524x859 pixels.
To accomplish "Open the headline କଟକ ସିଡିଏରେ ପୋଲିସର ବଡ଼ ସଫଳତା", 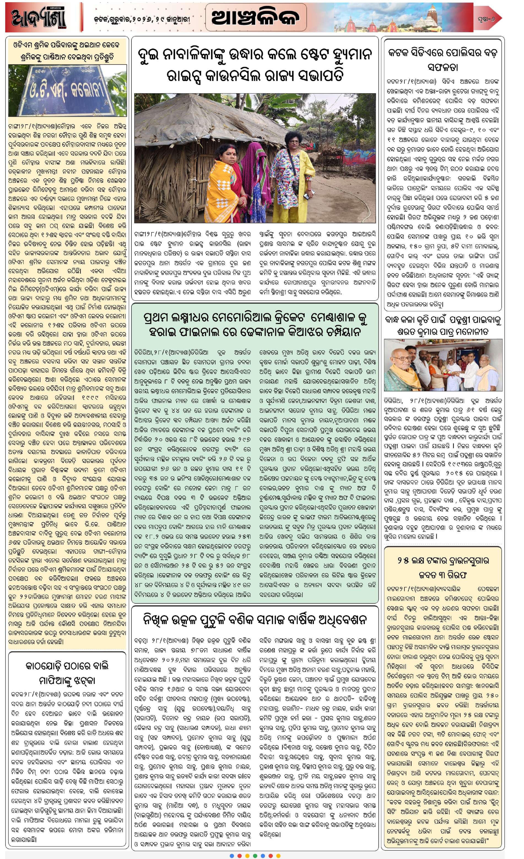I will click(x=442, y=59).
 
